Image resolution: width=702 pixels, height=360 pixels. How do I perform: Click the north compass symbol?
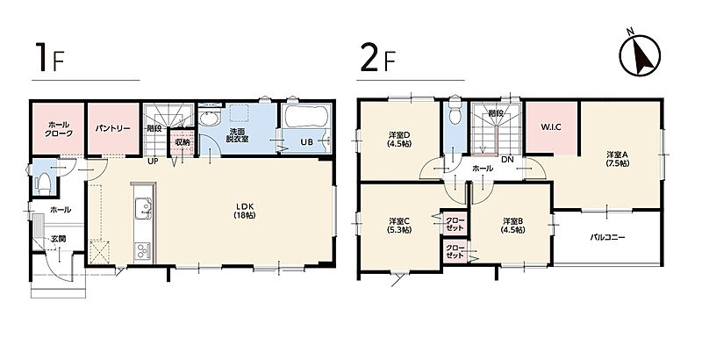[x=640, y=55]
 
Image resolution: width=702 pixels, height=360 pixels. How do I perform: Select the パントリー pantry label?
[x=112, y=128]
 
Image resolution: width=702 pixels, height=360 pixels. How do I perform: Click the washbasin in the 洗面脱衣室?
[x=210, y=119]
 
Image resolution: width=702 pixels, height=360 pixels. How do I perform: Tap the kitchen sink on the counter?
[x=143, y=209]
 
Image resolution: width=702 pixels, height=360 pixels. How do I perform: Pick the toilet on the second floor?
[x=455, y=114]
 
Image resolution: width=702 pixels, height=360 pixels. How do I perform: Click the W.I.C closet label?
[x=551, y=127]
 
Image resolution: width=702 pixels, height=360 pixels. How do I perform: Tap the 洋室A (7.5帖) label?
[x=618, y=159]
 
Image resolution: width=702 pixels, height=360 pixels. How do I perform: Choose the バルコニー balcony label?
[x=607, y=237]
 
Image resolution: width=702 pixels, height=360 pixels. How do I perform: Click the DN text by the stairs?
[x=507, y=159]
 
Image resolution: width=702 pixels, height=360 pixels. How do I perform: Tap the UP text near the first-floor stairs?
[x=153, y=162]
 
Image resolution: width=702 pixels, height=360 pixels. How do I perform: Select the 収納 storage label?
[x=182, y=142]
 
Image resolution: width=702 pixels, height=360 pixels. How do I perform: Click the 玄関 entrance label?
[x=58, y=239]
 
